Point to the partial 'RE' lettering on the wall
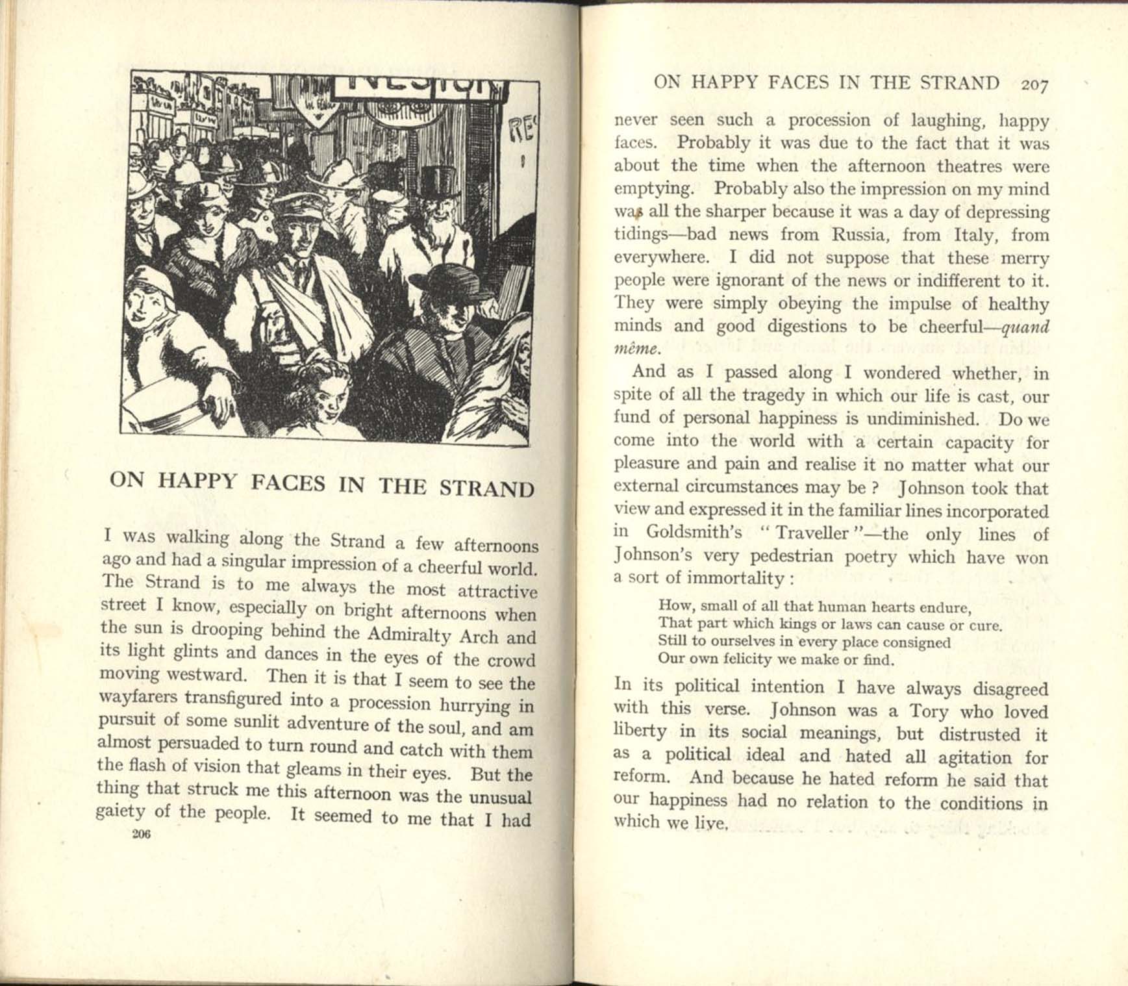click(x=523, y=133)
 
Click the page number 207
click(x=1034, y=84)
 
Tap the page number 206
click(x=140, y=835)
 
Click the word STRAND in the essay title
click(x=486, y=488)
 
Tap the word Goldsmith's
click(x=694, y=533)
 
